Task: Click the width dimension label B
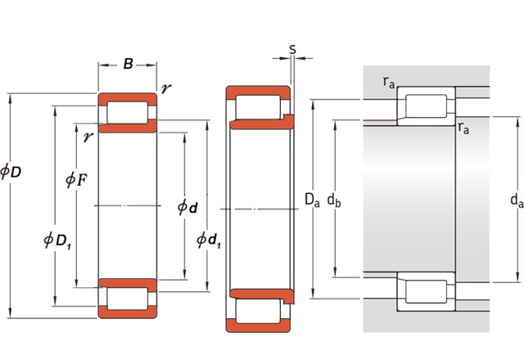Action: tap(128, 64)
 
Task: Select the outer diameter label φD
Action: tap(11, 171)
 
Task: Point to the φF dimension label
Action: tap(76, 180)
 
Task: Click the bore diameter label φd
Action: tap(187, 207)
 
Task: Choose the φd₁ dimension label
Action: tap(209, 240)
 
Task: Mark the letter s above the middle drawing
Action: tap(292, 49)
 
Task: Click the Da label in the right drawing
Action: tap(312, 200)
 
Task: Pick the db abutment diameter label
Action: tap(334, 200)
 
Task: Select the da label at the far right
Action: tap(517, 200)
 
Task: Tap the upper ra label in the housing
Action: tap(389, 82)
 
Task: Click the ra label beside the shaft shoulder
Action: tap(463, 128)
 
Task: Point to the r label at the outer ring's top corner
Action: tap(165, 89)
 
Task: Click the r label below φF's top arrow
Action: tap(88, 137)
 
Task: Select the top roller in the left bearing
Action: tap(128, 113)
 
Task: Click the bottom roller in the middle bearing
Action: tap(258, 311)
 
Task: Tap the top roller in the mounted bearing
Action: tap(426, 106)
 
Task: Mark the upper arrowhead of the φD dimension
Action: tap(11, 98)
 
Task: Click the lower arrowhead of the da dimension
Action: tap(517, 278)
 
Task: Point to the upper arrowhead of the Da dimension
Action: tap(313, 104)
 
